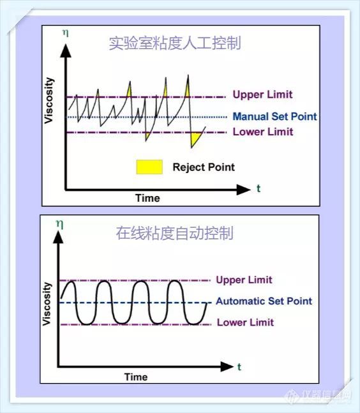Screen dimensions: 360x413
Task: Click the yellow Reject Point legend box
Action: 149,167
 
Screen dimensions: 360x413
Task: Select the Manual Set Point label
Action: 274,116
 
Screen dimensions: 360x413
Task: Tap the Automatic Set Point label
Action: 264,301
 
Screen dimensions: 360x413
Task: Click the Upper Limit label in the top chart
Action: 262,94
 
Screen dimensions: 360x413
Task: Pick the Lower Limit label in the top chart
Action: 263,131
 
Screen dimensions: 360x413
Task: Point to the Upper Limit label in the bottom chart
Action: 244,280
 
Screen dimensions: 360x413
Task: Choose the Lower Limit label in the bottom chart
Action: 245,322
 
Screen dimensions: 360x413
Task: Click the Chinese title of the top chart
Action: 175,43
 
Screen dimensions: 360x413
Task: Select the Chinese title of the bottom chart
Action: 175,233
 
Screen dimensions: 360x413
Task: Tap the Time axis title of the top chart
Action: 147,198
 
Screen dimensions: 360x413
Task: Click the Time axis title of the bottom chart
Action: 136,377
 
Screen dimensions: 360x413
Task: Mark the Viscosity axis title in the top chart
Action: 49,100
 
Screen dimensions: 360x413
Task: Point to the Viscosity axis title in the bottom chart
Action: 47,304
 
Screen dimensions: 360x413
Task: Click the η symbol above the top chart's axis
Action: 66,33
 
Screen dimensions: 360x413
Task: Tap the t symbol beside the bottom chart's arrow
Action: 239,367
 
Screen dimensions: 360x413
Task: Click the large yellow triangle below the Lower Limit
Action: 195,139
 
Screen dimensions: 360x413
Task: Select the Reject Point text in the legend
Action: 204,167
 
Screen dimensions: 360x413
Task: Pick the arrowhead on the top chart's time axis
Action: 243,190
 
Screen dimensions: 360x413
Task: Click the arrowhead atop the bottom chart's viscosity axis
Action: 58,237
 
